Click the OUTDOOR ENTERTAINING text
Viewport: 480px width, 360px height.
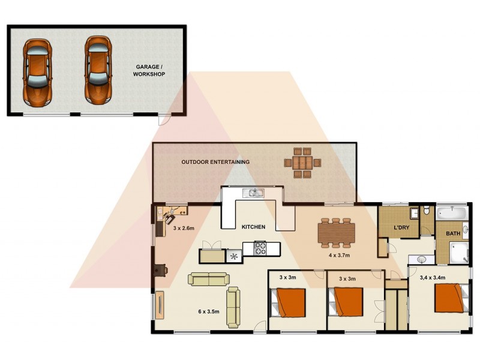[x=215, y=162]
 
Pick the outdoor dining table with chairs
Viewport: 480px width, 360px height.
[x=302, y=163]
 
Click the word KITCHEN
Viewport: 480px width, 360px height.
[x=253, y=227]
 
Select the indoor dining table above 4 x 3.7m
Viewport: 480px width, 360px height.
[x=336, y=232]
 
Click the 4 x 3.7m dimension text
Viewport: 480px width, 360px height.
[x=340, y=255]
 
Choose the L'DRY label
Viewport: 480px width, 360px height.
[x=401, y=229]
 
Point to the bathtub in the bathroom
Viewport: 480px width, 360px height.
[x=451, y=212]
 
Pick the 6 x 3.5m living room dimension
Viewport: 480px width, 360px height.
[x=209, y=311]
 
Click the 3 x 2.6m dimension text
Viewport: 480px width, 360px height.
[x=184, y=228]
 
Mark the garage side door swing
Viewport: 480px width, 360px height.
[x=163, y=120]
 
